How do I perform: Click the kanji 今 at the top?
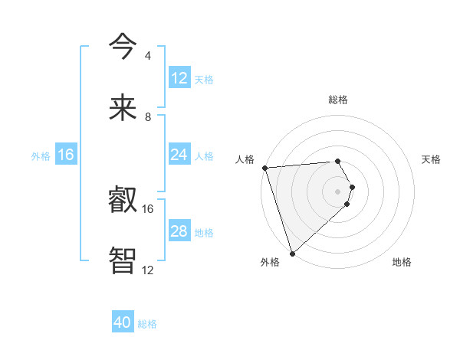click(123, 47)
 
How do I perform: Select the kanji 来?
click(123, 108)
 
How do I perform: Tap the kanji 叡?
click(123, 201)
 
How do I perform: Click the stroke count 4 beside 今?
click(148, 56)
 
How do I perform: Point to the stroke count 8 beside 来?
click(148, 116)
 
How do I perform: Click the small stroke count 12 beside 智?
click(148, 270)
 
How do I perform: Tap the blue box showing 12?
click(179, 78)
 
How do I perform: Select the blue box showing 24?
click(179, 155)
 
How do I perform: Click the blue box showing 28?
click(179, 231)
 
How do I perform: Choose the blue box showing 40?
click(123, 323)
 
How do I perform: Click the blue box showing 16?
click(66, 155)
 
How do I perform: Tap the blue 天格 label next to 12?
click(204, 79)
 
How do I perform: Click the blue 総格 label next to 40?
click(147, 324)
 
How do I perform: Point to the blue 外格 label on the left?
click(41, 155)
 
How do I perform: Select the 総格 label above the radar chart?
click(338, 100)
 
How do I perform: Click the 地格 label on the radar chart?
click(402, 262)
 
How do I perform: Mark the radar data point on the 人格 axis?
click(264, 168)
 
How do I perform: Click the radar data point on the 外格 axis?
click(292, 253)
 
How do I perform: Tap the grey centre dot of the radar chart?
click(338, 191)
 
